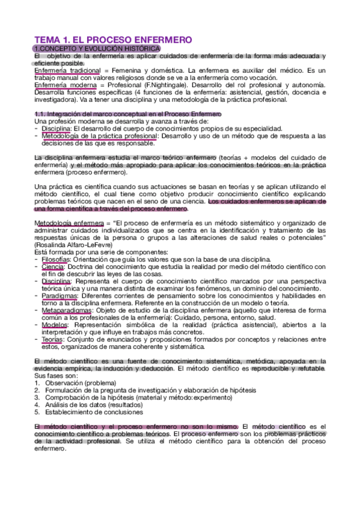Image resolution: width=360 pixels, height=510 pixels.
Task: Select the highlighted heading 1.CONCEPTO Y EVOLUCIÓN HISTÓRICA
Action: (97, 48)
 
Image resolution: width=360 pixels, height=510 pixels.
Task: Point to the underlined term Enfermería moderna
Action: (61, 86)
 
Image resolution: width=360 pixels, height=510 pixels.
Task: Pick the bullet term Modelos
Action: (55, 324)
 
